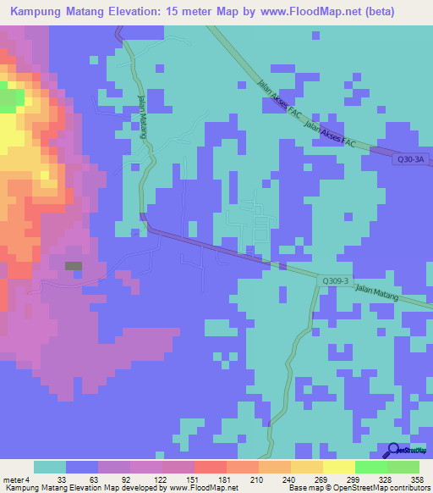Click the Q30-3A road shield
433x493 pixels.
pyautogui.click(x=409, y=158)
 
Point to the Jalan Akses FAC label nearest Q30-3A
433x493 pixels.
pyautogui.click(x=333, y=136)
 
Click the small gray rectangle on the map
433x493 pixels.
pyautogui.click(x=74, y=266)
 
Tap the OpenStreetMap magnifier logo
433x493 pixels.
pyautogui.click(x=395, y=451)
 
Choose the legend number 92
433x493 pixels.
pyautogui.click(x=113, y=479)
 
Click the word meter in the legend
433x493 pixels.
pyautogui.click(x=14, y=479)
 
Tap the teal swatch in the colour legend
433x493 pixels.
pyautogui.click(x=50, y=467)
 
